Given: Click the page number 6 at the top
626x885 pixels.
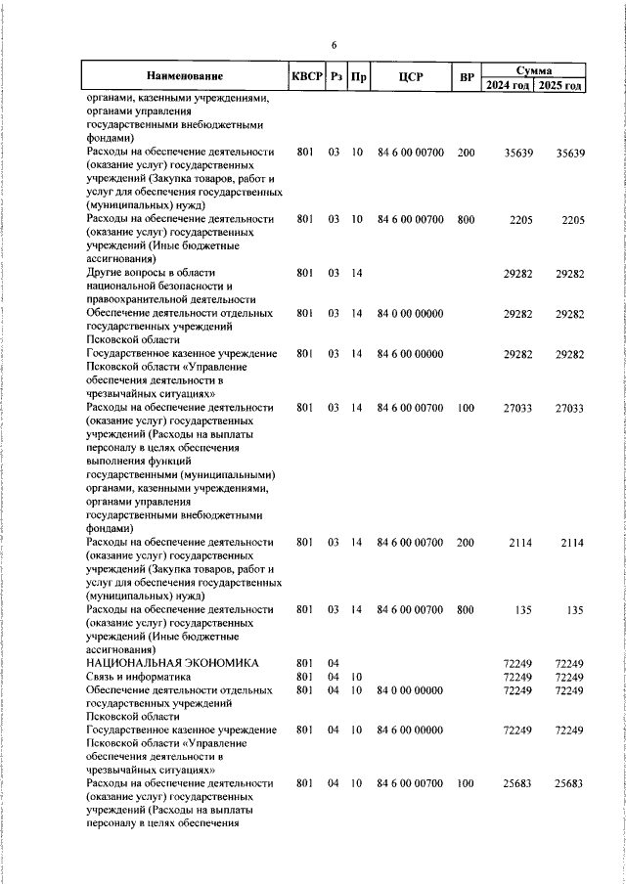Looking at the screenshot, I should pyautogui.click(x=334, y=45).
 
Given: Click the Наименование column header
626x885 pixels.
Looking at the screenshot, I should pyautogui.click(x=185, y=76).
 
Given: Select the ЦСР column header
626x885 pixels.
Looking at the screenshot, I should pyautogui.click(x=411, y=76).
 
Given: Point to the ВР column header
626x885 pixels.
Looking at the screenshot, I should pyautogui.click(x=466, y=76).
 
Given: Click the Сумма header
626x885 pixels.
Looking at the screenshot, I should pyautogui.click(x=534, y=70).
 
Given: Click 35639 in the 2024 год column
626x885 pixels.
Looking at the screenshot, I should pyautogui.click(x=516, y=154).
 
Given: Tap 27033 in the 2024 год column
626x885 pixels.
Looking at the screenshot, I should pyautogui.click(x=516, y=407).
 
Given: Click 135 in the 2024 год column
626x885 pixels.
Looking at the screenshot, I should pyautogui.click(x=522, y=609).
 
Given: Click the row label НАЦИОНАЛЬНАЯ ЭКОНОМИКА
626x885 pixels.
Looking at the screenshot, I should pyautogui.click(x=173, y=663).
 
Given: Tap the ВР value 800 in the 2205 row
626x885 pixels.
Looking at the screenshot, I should pyautogui.click(x=466, y=220).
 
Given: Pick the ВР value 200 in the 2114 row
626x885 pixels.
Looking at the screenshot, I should pyautogui.click(x=466, y=541).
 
